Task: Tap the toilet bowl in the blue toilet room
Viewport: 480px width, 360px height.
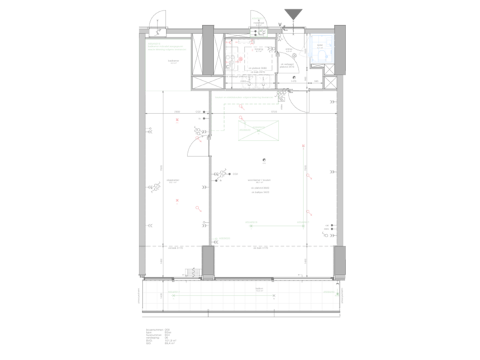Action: tap(320, 57)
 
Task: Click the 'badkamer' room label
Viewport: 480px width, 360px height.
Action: tap(173, 61)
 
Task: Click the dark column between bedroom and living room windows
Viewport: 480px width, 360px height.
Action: tap(208, 262)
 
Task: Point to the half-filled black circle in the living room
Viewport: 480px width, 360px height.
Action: tap(264, 159)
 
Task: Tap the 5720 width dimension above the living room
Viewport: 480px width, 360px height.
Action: tap(273, 111)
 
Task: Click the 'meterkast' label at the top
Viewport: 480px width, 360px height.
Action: tap(256, 48)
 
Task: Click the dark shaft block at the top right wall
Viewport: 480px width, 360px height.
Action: tap(339, 50)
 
